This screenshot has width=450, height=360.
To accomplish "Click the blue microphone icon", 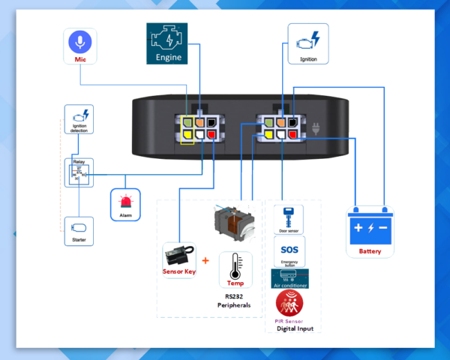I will click(79, 40).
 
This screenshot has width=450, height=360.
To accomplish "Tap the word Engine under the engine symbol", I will click(168, 56).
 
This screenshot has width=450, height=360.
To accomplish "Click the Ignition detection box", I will click(78, 121).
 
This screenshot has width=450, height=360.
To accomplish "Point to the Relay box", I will click(78, 172).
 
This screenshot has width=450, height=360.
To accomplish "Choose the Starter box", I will click(78, 230).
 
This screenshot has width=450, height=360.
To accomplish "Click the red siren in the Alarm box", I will click(125, 200).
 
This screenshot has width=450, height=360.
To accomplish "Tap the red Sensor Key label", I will click(179, 271).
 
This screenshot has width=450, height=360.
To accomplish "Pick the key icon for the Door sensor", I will click(288, 214).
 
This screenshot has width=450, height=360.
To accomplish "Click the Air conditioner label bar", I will click(289, 284).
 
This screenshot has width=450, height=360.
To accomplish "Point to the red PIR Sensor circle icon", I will click(289, 304).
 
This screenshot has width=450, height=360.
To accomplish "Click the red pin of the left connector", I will click(213, 135).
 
